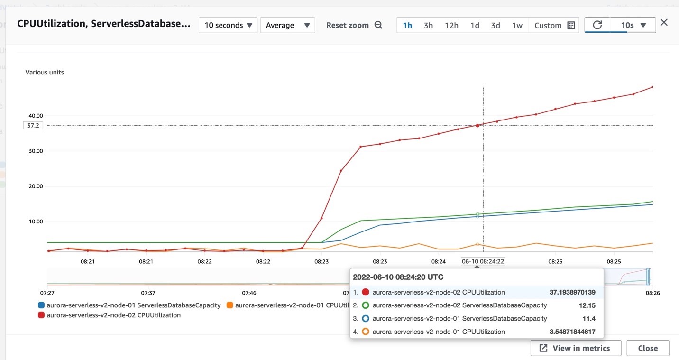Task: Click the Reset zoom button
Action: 354,25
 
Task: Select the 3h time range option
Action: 428,25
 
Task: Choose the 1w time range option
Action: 517,25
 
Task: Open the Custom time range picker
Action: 554,25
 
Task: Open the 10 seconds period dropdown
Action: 228,25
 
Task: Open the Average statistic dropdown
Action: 287,25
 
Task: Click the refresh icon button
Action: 597,25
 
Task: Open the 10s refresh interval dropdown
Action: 633,25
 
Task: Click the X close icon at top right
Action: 664,22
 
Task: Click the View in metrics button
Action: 576,348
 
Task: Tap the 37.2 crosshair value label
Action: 33,126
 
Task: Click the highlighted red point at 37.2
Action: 477,125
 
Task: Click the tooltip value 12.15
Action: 587,305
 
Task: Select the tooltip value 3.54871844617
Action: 572,332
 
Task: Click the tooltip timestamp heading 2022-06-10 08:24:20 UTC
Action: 398,277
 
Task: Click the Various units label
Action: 45,73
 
